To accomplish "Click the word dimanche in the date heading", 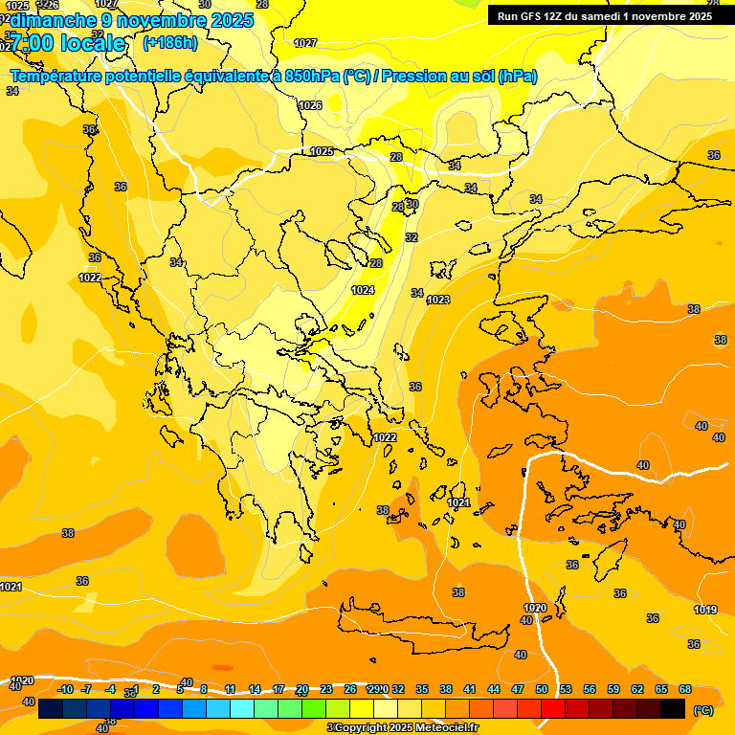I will (53, 19).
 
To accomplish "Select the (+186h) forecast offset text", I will (170, 42).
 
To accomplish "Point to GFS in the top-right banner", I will (533, 16).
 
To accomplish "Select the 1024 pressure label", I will (363, 290).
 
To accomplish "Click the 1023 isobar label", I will (438, 300).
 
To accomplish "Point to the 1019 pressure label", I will (705, 610).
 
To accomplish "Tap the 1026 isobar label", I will (310, 105).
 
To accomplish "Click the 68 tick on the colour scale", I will (685, 689).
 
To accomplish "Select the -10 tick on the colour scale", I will (65, 689).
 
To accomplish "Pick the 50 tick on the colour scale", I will (542, 689).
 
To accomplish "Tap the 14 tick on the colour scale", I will (255, 689).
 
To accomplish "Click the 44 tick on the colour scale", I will (494, 689).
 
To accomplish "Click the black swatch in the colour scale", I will (673, 708).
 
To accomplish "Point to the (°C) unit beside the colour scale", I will (703, 710).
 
